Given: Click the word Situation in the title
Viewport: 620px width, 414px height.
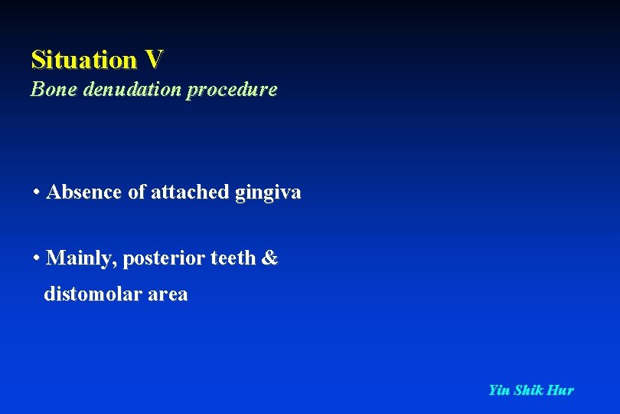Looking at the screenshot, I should (x=83, y=59).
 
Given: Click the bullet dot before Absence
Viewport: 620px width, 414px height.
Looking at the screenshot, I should (x=37, y=192).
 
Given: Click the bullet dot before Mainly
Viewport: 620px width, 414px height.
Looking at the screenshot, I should (x=37, y=258).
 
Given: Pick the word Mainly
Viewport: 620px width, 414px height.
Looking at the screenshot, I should (x=80, y=258).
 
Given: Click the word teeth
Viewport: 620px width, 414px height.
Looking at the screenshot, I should (x=233, y=258).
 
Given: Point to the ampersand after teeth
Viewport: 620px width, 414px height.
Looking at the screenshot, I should (x=269, y=258).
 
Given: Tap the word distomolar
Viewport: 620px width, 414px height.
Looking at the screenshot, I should (x=95, y=294).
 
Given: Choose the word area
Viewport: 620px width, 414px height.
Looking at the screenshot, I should (x=169, y=295).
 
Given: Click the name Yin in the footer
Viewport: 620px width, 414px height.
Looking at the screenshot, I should (x=499, y=390).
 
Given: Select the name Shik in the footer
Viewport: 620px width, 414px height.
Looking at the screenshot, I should (x=528, y=390).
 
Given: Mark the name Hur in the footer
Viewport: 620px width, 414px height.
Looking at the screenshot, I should (x=560, y=390).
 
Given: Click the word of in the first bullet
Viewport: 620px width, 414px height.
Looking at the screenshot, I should (x=136, y=192).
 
